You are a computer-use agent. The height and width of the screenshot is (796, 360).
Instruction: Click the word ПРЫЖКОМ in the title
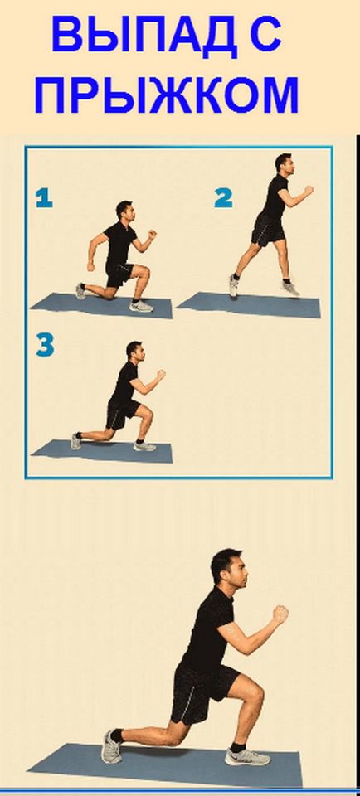point(167,95)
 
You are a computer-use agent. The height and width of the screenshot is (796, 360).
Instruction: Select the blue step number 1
point(44,197)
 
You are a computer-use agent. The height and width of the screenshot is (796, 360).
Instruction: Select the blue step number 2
point(223,197)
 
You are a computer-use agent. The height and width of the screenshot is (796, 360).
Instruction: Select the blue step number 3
point(45,346)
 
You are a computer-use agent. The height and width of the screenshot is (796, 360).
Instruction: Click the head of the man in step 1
point(125,210)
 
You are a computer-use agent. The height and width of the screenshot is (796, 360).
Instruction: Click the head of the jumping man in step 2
point(284,164)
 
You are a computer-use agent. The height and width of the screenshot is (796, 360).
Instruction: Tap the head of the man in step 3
point(135,352)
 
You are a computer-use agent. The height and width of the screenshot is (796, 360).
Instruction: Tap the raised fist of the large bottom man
point(281,614)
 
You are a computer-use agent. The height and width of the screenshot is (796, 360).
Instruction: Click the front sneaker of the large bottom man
point(247,757)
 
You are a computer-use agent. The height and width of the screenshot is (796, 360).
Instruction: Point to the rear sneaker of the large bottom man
point(111,746)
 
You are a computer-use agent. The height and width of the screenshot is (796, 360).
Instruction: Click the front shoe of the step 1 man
point(141,306)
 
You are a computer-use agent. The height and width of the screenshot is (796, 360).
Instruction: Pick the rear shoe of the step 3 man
point(76,440)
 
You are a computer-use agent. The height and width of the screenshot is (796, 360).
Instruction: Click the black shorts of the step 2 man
point(267,229)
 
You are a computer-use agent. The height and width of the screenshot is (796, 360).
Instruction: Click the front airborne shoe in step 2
point(290,288)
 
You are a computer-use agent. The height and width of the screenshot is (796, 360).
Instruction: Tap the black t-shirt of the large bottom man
point(209,629)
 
